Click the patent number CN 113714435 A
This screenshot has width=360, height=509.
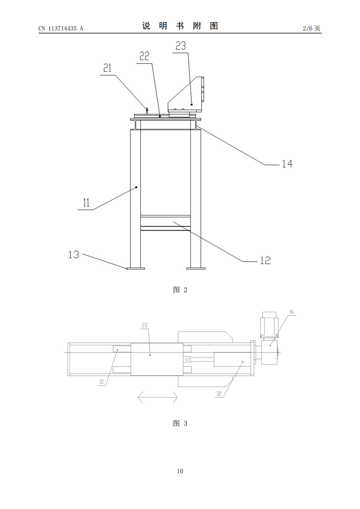61,28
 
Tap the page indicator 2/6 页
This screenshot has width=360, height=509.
311,28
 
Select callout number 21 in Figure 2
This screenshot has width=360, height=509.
107,68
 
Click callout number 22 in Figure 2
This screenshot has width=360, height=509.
144,56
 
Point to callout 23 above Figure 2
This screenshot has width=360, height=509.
181,46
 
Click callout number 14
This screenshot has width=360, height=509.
287,164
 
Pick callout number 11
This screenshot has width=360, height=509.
86,203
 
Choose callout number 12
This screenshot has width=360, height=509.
265,261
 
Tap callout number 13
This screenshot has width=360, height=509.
74,254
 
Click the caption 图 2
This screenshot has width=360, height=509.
180,290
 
